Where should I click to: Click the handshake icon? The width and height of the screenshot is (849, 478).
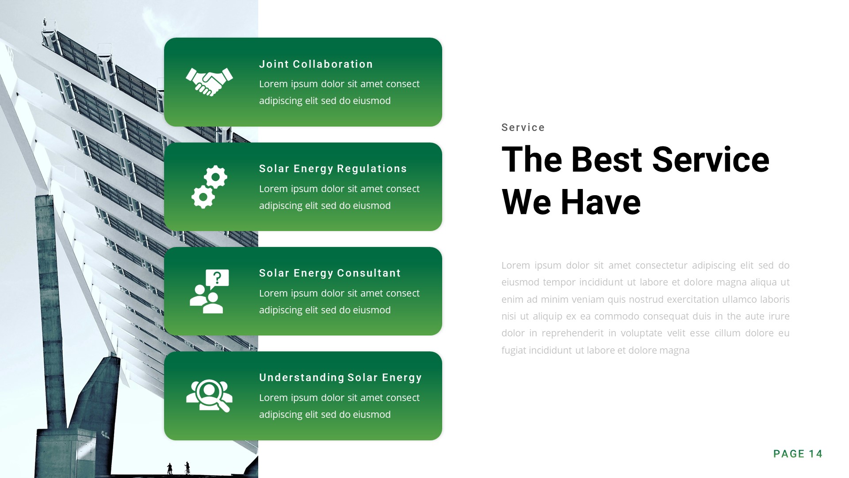coord(209,81)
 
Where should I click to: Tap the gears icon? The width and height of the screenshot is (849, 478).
coord(209,187)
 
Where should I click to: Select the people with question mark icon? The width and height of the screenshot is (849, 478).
coord(209,291)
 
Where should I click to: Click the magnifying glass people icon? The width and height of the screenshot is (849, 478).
coord(209,396)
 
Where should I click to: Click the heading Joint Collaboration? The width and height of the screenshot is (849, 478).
coord(316,64)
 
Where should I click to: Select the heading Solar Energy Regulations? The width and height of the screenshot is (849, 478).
coord(333,169)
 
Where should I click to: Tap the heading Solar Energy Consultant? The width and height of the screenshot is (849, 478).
coord(329,273)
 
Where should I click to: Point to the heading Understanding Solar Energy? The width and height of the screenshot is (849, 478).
coord(340,378)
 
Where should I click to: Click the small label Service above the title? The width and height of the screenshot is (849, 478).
coord(523,127)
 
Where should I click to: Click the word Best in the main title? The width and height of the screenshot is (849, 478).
coord(606,160)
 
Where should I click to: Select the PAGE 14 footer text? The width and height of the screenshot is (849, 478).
coord(797,454)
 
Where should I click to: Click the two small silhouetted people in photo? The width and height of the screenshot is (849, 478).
coord(178,468)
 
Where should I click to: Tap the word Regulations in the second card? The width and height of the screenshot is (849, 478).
coord(372,169)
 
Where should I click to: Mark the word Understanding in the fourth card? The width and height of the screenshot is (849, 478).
coord(302,378)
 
